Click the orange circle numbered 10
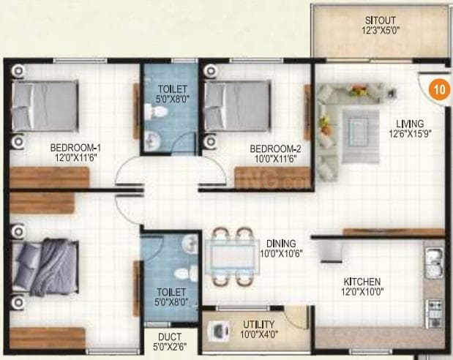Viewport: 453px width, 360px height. click(x=438, y=90)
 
